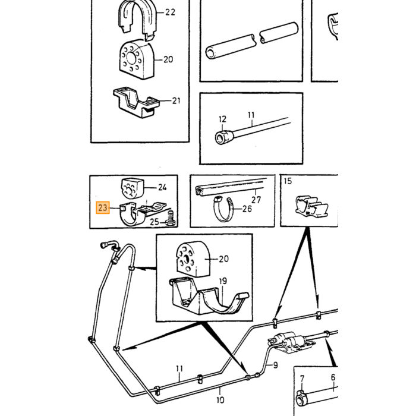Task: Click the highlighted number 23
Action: pos(103,207)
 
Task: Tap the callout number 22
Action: pos(170,12)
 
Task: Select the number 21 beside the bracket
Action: pos(176,101)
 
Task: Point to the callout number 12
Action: pos(223,119)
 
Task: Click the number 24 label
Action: pos(162,188)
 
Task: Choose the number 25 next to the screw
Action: pos(155,222)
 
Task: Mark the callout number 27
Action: pos(256,200)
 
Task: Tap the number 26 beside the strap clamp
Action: pos(247,209)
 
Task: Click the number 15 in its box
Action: pos(288,181)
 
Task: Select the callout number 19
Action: pos(223,281)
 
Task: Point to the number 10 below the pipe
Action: pos(220,399)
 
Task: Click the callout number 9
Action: pos(275,365)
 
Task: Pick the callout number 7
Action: pos(302,379)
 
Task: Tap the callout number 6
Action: pos(333,377)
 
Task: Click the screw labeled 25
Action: pos(170,218)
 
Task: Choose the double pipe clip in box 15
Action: pos(312,206)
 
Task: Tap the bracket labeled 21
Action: pos(136,103)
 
